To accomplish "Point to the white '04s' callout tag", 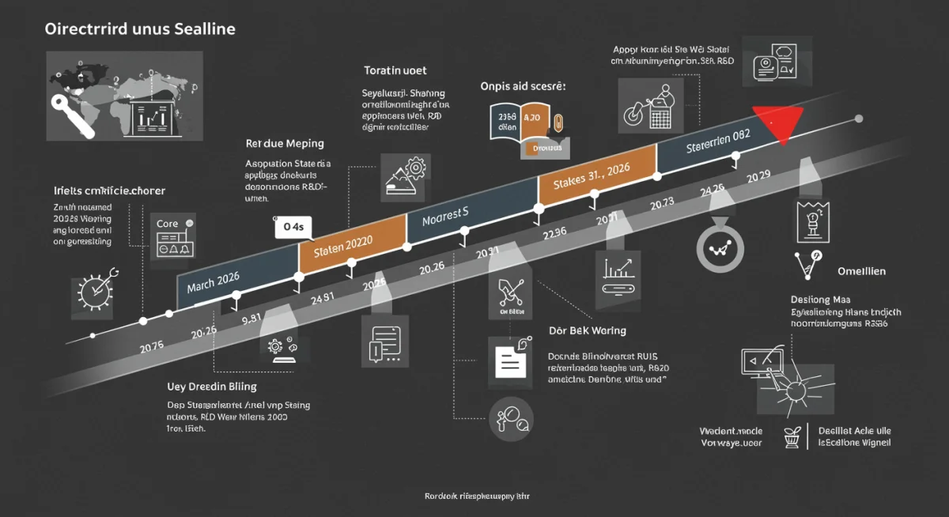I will pos(293,228).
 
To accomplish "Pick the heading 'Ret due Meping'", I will pos(285,144).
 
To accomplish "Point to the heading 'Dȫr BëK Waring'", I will pos(587,330).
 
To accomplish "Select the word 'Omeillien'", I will pos(861,271).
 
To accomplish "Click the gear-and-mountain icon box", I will pos(404,176).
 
